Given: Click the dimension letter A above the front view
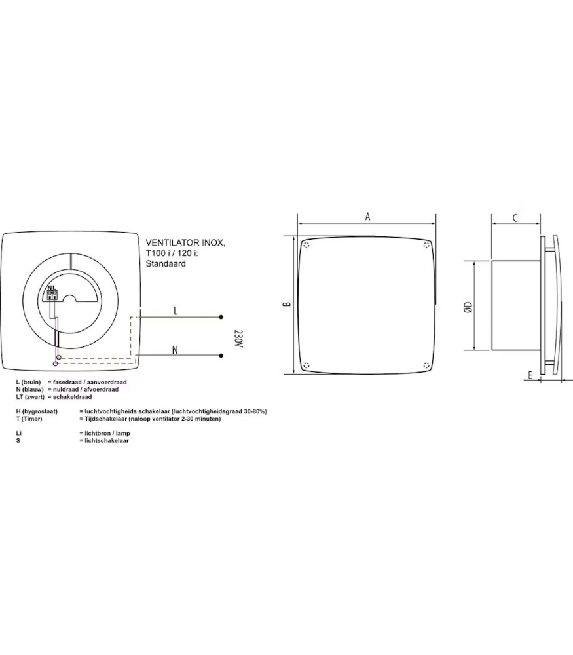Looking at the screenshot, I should [368, 216].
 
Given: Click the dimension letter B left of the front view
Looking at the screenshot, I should [287, 305].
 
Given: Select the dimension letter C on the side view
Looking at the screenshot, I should [515, 218].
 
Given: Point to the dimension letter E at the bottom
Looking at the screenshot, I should [529, 375].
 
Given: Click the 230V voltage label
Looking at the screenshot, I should [237, 339].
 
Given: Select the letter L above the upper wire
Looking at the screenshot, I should [176, 311].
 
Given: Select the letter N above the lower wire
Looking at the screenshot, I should [175, 350].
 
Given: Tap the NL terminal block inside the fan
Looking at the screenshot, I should [52, 293].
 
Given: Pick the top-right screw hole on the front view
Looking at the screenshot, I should [427, 246].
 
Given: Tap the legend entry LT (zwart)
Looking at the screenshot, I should [31, 397].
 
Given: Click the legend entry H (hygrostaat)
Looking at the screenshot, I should [37, 411].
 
